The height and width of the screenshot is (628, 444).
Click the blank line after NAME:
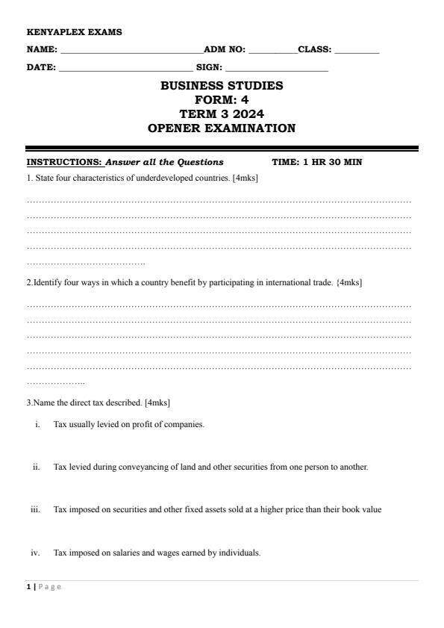131,52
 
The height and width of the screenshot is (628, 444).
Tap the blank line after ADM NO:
272,52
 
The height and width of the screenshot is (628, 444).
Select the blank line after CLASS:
357,52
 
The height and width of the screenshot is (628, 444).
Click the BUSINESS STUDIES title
222,86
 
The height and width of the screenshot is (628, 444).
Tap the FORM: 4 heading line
222,100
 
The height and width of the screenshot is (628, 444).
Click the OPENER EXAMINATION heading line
222,128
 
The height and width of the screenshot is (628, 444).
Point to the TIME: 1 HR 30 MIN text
317,162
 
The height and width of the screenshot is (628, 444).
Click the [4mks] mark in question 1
246,178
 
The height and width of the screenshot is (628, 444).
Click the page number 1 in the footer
28,587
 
